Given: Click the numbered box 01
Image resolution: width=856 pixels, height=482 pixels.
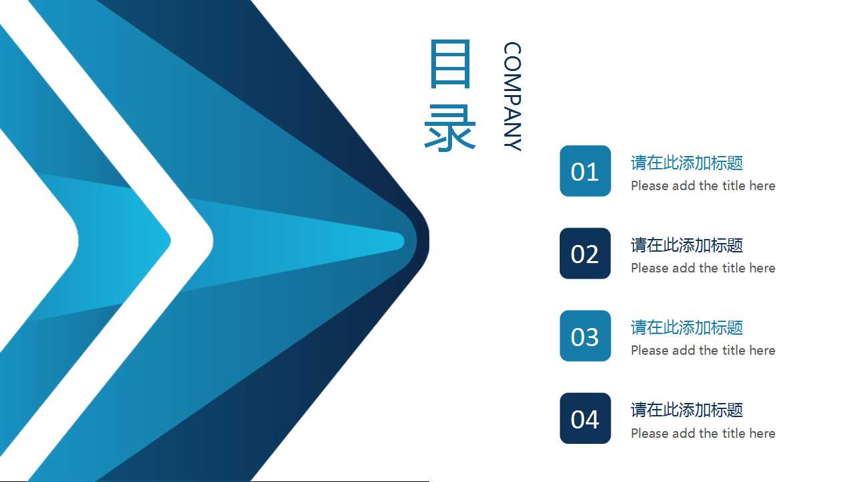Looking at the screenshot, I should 585,171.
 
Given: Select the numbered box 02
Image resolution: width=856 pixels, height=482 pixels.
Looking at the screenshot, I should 585,253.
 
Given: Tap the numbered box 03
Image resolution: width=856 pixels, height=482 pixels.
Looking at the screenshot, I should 585,335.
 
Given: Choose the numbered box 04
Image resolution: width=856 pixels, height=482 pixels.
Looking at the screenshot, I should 585,418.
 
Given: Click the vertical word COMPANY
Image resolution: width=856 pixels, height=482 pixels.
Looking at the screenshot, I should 512,96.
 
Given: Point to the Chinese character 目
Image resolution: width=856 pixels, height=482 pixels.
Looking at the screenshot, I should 450,64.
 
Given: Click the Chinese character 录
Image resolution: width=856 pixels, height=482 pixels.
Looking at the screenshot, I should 450,127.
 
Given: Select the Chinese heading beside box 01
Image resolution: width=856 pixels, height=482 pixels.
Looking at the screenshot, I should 687,163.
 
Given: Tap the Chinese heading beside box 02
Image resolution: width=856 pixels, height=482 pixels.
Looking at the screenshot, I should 687,245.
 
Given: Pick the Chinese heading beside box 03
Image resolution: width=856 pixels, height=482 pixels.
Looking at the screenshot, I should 687,327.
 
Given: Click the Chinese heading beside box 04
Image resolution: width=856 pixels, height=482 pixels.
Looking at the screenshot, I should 687,410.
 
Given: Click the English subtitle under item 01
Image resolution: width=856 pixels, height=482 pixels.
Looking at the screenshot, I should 703,185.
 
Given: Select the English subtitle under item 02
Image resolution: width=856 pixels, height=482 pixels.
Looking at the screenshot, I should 703,268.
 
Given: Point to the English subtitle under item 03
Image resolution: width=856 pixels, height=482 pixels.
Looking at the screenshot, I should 703,350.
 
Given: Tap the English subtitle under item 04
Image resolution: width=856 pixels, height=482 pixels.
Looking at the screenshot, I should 703,433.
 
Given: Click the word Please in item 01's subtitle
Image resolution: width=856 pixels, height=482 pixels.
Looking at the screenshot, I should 649,185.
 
